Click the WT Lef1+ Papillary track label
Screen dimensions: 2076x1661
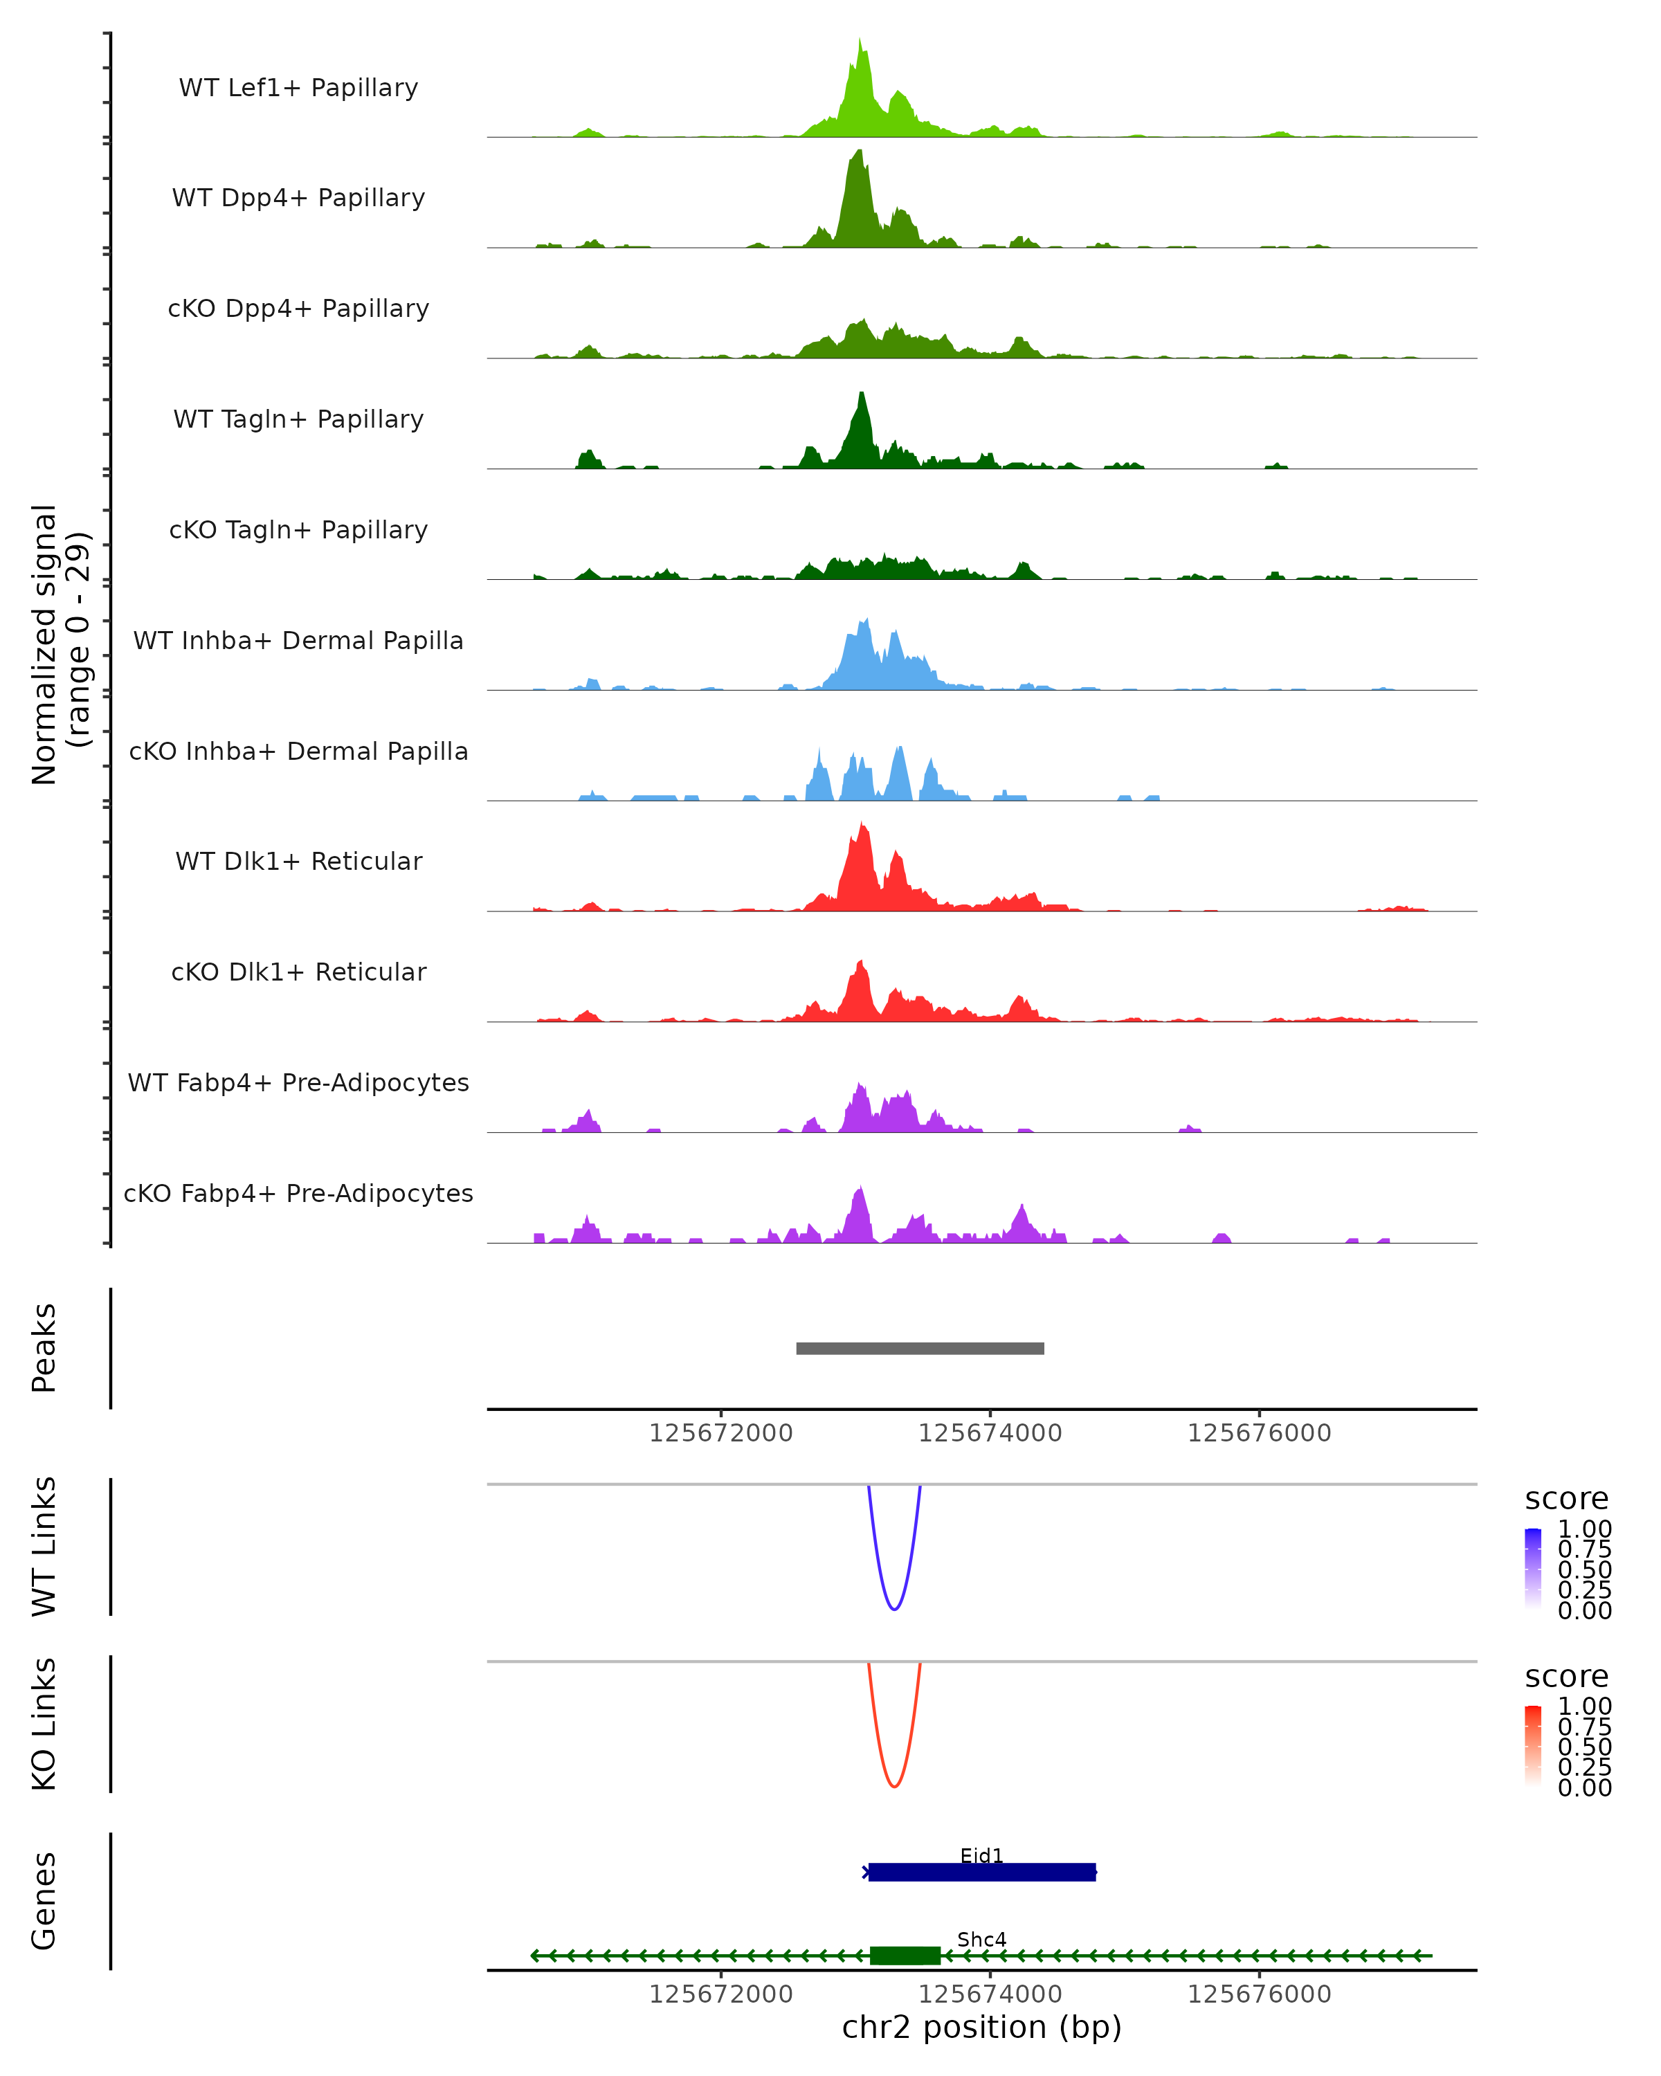tap(298, 88)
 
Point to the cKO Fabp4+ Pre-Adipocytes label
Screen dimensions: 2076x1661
tap(298, 1193)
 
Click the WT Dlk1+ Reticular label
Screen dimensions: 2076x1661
tap(298, 861)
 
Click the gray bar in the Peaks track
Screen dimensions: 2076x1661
tap(920, 1348)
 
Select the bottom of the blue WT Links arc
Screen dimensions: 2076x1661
tap(895, 1609)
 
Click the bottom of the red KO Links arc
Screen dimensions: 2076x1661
tap(895, 1786)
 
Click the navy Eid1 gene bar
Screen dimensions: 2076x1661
tap(982, 1872)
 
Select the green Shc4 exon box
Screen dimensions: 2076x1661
tap(905, 1955)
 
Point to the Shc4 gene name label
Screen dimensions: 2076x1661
tap(981, 1939)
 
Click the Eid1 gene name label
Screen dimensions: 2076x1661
tap(981, 1855)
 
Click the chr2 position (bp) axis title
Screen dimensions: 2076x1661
tap(981, 2028)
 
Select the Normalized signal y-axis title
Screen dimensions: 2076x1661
tap(60, 644)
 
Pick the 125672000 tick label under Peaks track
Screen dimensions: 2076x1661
tap(720, 1433)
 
